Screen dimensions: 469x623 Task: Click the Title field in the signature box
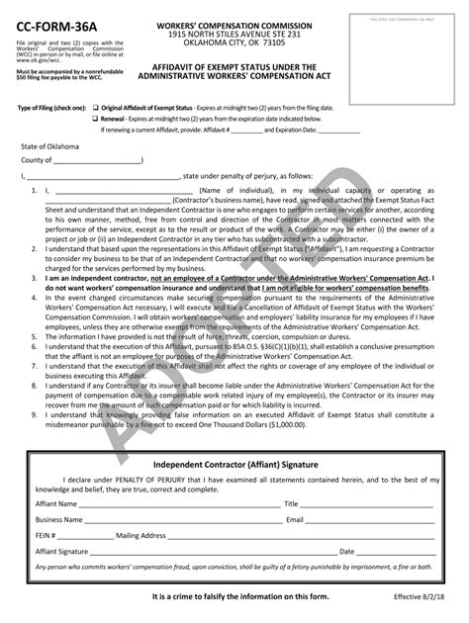point(366,502)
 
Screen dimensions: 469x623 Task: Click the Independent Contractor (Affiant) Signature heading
point(234,464)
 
